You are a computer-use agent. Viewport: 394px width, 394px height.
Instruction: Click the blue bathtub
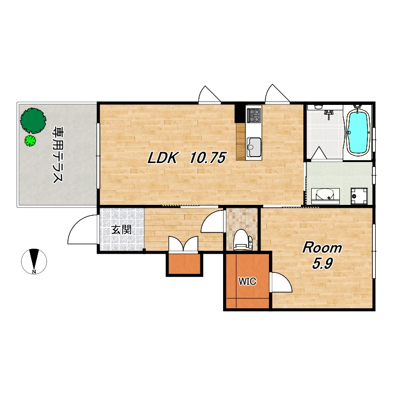tap(358, 132)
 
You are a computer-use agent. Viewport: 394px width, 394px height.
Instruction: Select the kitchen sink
tap(254, 147)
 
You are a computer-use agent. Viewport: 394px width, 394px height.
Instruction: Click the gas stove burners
tap(254, 115)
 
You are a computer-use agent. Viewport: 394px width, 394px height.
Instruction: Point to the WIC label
tap(247, 281)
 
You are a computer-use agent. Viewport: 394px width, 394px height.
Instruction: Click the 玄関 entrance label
tap(121, 230)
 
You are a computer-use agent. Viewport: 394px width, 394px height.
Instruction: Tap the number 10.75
tap(208, 158)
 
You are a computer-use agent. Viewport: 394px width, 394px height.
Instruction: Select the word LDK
tap(163, 158)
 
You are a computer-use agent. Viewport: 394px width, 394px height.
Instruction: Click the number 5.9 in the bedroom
tap(323, 263)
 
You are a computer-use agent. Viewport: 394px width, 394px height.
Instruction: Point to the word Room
tap(322, 248)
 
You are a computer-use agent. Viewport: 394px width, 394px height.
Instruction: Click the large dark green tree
tap(33, 121)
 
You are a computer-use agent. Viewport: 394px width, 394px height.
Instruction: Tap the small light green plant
tap(30, 141)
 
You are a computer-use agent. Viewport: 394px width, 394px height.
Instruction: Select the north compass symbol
tap(34, 262)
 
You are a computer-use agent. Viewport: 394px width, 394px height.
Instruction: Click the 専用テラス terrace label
tap(57, 155)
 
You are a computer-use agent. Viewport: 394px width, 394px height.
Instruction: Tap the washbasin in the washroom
tap(326, 196)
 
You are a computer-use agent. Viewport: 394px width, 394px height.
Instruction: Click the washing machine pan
tap(359, 196)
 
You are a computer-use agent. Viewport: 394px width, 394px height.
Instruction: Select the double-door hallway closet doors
tap(183, 243)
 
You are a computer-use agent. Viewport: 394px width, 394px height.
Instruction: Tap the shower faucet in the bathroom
tap(328, 114)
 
